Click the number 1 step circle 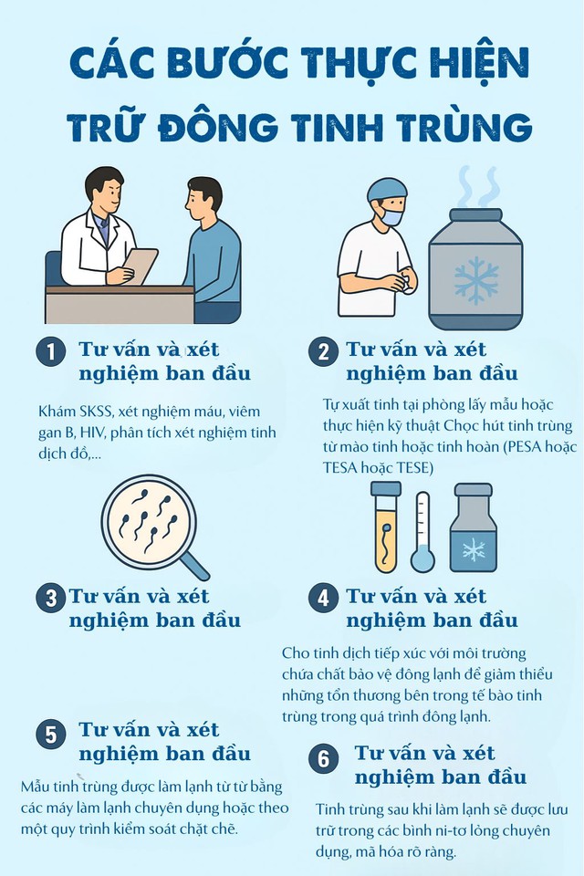[x=51, y=353]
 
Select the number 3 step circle [x=51, y=599]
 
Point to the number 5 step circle [x=51, y=735]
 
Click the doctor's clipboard [x=140, y=266]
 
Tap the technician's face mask [x=392, y=218]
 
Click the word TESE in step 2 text [x=439, y=467]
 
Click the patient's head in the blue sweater [x=203, y=197]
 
